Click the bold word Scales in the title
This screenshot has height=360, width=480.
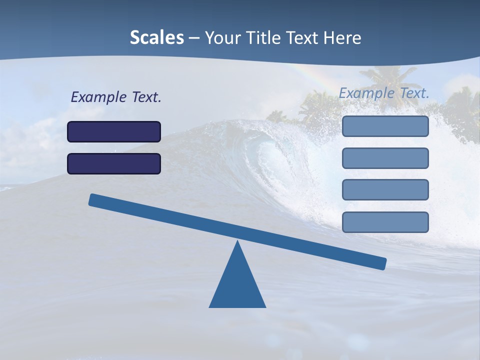[x=156, y=38]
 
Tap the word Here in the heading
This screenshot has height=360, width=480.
[x=342, y=38]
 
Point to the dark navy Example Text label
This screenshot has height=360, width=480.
[x=116, y=97]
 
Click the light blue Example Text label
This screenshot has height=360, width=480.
[x=384, y=93]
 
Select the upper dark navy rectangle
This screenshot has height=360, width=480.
[x=114, y=131]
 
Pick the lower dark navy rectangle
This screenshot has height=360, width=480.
[x=114, y=163]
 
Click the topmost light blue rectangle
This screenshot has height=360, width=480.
[x=385, y=126]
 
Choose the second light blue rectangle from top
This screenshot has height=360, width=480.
[x=385, y=158]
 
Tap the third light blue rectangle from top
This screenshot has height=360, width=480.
[x=385, y=190]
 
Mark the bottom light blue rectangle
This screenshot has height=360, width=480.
[x=385, y=222]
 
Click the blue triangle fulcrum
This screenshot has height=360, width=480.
[x=237, y=285]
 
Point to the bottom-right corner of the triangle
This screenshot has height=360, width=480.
[x=264, y=306]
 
